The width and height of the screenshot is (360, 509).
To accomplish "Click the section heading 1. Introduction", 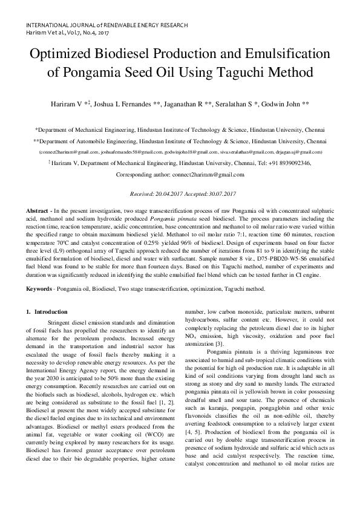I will click(47, 312).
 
